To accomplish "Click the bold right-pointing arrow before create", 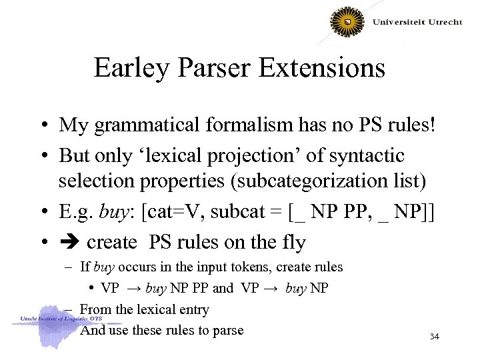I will pos(69,241).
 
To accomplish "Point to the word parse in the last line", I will pos(228,330).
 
